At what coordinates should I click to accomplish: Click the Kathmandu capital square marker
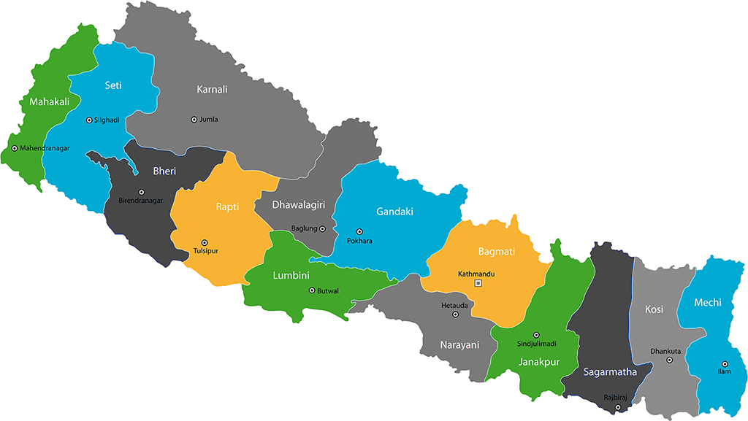coord(478,283)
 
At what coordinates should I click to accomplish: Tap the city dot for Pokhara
coord(359,231)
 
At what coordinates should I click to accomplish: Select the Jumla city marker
coord(194,120)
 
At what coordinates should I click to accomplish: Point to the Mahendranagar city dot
coord(14,148)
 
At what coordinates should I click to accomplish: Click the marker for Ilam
coord(725,363)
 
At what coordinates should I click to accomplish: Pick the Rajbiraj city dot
coord(618,407)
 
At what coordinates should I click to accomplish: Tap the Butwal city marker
coord(312,290)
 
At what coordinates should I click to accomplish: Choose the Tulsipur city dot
coord(205,242)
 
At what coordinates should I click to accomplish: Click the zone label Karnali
coord(212,90)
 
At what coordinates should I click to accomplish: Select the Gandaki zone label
coord(394,212)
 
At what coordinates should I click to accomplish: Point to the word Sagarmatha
coord(610,372)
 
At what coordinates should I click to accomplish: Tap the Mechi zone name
coord(708,303)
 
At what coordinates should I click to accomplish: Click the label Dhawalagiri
coord(298,205)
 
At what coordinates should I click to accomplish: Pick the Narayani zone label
coord(459,344)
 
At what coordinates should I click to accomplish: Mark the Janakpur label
coord(539,361)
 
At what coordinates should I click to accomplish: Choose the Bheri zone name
coord(164,171)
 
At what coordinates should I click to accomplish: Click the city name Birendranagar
coord(140,201)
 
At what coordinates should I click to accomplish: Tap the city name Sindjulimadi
coord(537,344)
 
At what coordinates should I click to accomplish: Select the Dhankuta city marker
coord(669,360)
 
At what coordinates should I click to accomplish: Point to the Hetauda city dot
coord(456,315)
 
